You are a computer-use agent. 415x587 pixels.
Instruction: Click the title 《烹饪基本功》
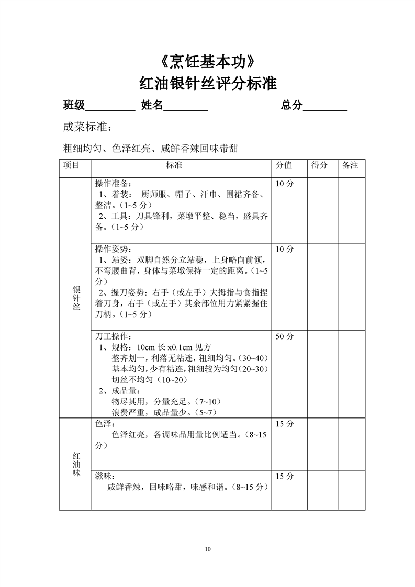(208, 62)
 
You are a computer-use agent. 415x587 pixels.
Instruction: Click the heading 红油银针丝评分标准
(208, 84)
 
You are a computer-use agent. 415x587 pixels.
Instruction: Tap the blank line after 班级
(110, 107)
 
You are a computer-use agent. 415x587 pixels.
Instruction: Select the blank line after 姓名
(186, 107)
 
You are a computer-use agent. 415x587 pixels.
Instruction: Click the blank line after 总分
(325, 107)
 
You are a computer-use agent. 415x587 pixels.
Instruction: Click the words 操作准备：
(114, 184)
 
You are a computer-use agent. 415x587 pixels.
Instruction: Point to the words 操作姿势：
(114, 249)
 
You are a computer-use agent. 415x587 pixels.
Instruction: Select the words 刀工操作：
(114, 336)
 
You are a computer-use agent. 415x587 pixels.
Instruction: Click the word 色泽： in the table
(104, 424)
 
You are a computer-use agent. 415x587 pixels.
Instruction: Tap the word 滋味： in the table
(104, 477)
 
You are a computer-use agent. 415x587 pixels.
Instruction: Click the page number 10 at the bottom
(208, 549)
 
